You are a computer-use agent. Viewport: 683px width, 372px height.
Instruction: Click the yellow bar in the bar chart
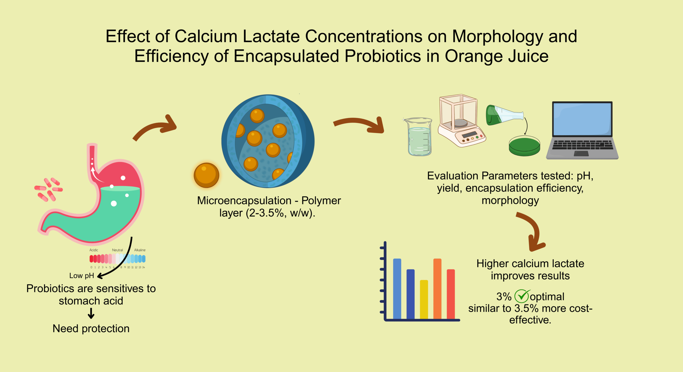[424, 299]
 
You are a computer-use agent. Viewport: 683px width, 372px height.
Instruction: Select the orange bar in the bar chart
[437, 289]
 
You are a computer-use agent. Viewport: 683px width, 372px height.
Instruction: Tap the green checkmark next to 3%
[522, 296]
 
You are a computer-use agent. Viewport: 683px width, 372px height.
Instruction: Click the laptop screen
[582, 119]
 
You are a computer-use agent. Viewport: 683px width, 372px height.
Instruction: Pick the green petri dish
[524, 146]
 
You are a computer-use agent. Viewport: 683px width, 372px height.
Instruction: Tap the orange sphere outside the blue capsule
[206, 175]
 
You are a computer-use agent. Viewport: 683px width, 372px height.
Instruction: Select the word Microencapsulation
[244, 200]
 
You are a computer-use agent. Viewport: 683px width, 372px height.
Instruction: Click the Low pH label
[82, 276]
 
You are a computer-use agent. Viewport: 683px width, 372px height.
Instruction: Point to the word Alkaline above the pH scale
[140, 250]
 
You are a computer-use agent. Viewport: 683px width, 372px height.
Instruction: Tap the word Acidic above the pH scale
[94, 250]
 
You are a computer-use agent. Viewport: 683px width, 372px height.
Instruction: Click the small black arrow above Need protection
[91, 313]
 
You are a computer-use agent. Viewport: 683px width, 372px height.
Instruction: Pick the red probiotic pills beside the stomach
[49, 189]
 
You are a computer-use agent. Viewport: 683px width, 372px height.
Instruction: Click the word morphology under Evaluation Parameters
[510, 200]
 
